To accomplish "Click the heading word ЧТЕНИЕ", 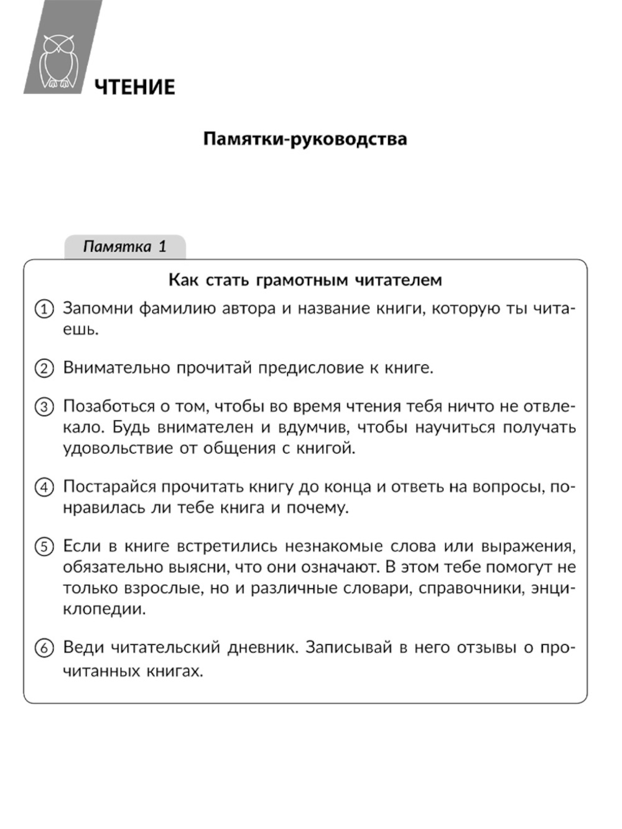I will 135,87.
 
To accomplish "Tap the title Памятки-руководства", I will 305,138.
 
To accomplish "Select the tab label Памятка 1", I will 124,246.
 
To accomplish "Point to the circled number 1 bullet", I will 44,309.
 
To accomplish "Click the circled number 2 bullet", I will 44,368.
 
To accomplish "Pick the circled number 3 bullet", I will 44,407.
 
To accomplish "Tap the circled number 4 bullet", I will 44,487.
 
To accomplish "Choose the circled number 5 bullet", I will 44,547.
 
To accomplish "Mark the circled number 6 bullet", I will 44,648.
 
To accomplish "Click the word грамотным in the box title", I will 302,280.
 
